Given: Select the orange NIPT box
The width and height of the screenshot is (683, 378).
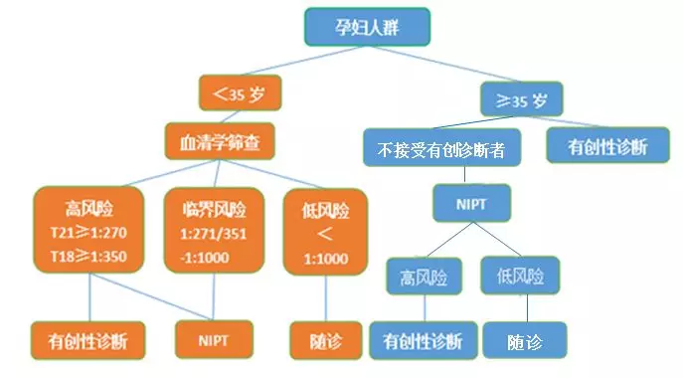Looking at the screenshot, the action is (215, 340).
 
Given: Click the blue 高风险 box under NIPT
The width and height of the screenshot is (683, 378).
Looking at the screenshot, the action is (421, 275).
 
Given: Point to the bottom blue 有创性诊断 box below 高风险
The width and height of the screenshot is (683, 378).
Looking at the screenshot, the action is (418, 341).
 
